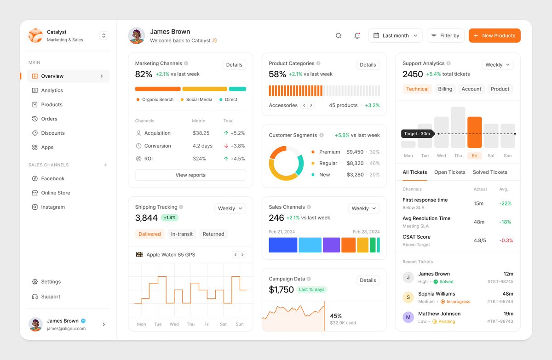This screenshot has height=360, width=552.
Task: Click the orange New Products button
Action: pyautogui.click(x=494, y=36)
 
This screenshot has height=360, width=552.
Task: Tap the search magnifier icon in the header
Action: pyautogui.click(x=339, y=36)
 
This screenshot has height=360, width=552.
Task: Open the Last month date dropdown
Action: pyautogui.click(x=395, y=36)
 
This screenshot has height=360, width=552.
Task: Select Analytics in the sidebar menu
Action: pyautogui.click(x=52, y=91)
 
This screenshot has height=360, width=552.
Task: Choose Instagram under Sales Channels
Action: pyautogui.click(x=53, y=207)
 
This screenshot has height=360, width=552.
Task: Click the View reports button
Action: pyautogui.click(x=190, y=175)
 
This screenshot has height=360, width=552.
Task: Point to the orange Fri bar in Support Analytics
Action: pyautogui.click(x=474, y=132)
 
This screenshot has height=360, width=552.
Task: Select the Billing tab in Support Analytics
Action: pyautogui.click(x=445, y=89)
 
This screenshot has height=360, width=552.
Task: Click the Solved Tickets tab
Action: pyautogui.click(x=490, y=172)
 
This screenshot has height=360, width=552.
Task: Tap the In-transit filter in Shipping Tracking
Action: pyautogui.click(x=182, y=234)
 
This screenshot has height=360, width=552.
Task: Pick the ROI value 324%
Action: pyautogui.click(x=199, y=159)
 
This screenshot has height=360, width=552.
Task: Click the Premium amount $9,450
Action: pyautogui.click(x=355, y=152)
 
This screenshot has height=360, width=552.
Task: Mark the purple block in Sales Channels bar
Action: pyautogui.click(x=331, y=245)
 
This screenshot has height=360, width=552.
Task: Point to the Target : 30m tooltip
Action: pyautogui.click(x=417, y=134)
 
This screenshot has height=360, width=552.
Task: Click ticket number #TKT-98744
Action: pyautogui.click(x=500, y=302)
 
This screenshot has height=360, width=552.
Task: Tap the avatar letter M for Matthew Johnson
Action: pyautogui.click(x=408, y=317)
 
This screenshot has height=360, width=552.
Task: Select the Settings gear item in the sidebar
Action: pyautogui.click(x=51, y=282)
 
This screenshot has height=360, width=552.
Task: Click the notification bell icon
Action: pyautogui.click(x=357, y=36)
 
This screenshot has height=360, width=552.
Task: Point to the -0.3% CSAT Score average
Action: pyautogui.click(x=506, y=240)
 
